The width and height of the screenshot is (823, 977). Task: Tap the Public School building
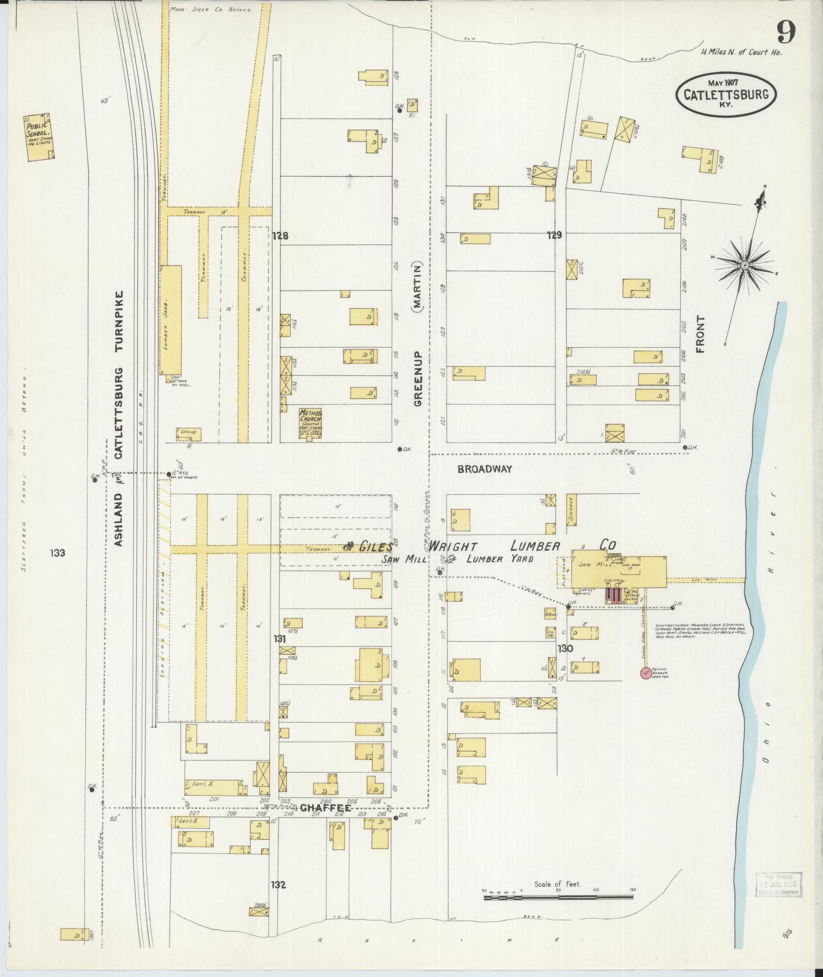point(39,137)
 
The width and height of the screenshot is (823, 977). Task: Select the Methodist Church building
point(311,423)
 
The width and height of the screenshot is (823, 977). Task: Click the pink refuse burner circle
point(645,673)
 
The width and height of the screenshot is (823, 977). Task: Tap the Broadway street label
point(484,469)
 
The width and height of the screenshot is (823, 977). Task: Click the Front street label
point(700,335)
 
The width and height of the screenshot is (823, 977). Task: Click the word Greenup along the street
point(418,378)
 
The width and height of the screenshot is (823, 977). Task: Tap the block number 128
point(280,236)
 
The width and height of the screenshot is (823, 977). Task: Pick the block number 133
point(58,553)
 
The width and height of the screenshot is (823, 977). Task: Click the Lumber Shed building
point(171,319)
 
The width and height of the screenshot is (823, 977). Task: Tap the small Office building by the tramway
point(188,434)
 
